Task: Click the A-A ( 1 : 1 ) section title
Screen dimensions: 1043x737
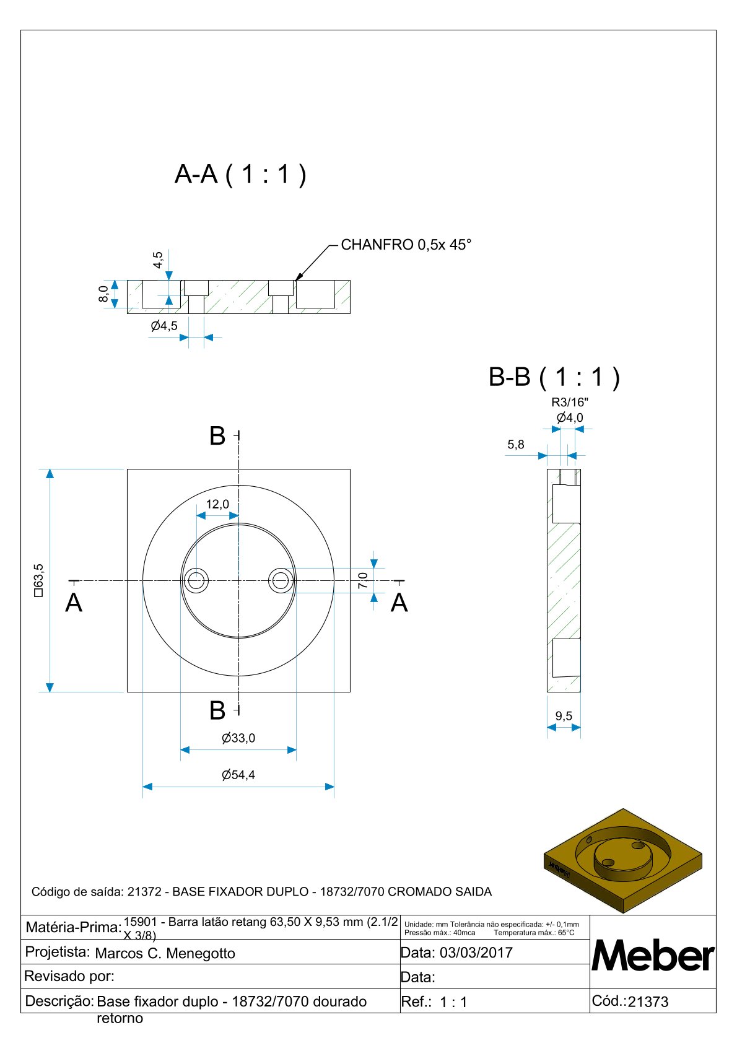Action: [240, 175]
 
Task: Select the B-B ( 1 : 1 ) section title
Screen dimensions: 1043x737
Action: [554, 377]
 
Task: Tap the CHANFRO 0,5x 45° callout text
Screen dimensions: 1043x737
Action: [406, 245]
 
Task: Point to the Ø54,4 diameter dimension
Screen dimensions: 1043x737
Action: [238, 775]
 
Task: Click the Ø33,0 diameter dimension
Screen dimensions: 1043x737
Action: [238, 738]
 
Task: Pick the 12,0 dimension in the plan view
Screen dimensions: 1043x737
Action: [217, 504]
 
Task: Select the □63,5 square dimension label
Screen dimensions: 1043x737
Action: [39, 580]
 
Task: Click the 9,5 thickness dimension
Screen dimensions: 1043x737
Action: [564, 716]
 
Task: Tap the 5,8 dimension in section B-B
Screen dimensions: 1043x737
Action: [515, 444]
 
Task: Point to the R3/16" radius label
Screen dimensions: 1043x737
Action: [570, 403]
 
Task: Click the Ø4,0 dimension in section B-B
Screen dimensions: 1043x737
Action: [570, 417]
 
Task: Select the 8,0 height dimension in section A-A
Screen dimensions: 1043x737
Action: [104, 294]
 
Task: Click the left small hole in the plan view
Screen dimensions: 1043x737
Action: [196, 581]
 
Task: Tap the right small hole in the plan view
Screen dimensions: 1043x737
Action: [281, 581]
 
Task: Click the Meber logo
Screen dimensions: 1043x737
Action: [653, 956]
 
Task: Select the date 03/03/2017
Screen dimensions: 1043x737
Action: [476, 953]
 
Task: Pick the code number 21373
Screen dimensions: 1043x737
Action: [648, 1002]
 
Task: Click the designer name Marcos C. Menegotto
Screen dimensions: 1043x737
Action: [165, 953]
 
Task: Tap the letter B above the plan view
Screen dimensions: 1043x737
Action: [217, 436]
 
